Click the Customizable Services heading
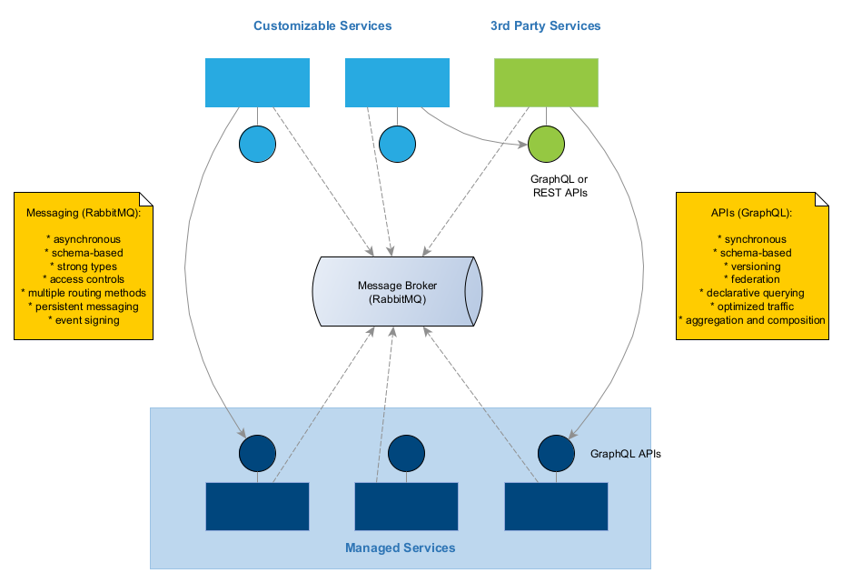click(x=322, y=25)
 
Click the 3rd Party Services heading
click(x=545, y=25)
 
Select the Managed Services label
click(x=400, y=548)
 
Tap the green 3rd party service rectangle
click(x=545, y=83)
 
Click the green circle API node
click(x=546, y=144)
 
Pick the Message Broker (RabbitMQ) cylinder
click(x=397, y=292)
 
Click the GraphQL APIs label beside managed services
click(x=626, y=453)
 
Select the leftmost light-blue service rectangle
click(x=257, y=83)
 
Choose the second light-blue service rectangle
click(x=397, y=83)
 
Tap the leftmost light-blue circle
click(x=257, y=144)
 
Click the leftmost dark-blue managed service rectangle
click(x=258, y=507)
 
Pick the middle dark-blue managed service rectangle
click(x=406, y=507)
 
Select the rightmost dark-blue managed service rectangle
click(x=556, y=507)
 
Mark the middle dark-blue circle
click(x=406, y=453)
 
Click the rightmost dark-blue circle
click(x=556, y=453)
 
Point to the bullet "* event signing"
click(x=83, y=320)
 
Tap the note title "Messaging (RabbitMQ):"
click(x=83, y=212)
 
